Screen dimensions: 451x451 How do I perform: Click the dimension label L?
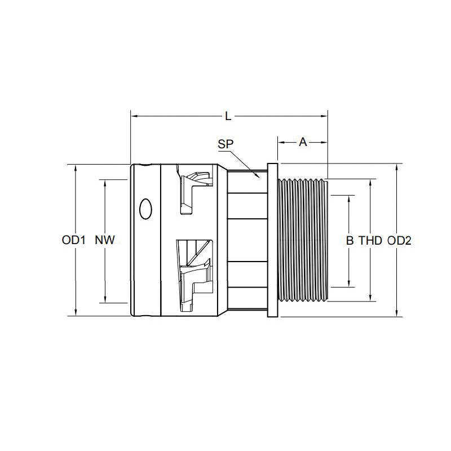point(228,117)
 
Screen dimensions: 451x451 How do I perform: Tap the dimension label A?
point(303,143)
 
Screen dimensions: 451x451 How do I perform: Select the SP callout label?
point(225,145)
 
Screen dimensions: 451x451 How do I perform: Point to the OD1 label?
point(73,241)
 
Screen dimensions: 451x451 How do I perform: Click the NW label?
point(105,241)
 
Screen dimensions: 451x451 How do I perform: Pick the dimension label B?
point(350,241)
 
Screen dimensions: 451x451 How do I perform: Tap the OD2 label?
point(400,241)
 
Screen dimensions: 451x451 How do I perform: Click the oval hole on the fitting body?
point(145,209)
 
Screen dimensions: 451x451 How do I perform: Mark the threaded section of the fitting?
point(303,241)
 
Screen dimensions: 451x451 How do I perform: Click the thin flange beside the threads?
point(273,241)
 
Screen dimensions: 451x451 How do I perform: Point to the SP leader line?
point(246,163)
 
